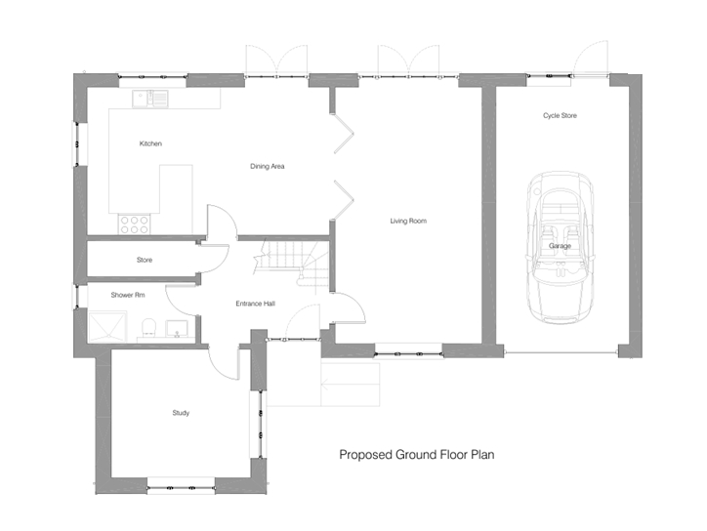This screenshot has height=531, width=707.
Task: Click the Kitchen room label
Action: point(150,143)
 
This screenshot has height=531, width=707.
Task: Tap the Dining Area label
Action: point(268,166)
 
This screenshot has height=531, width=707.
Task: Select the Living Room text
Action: point(408,221)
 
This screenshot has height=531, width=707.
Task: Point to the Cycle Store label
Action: point(560,115)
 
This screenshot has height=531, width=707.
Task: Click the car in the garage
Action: point(560,248)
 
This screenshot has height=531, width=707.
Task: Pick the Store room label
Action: point(145,260)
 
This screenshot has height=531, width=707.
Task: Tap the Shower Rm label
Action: point(128,295)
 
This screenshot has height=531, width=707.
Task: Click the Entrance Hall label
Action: point(256,304)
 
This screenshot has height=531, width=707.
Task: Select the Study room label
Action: point(181,413)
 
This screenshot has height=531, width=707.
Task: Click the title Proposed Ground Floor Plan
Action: point(417,454)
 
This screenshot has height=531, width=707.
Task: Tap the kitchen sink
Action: point(150,99)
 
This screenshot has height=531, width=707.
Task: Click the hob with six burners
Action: point(135,225)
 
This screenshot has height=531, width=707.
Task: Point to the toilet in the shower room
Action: point(148,328)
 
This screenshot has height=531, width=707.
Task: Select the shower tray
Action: point(107,327)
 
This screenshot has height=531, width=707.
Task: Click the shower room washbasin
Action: point(177,329)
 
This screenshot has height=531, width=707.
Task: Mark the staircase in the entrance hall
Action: point(292,265)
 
